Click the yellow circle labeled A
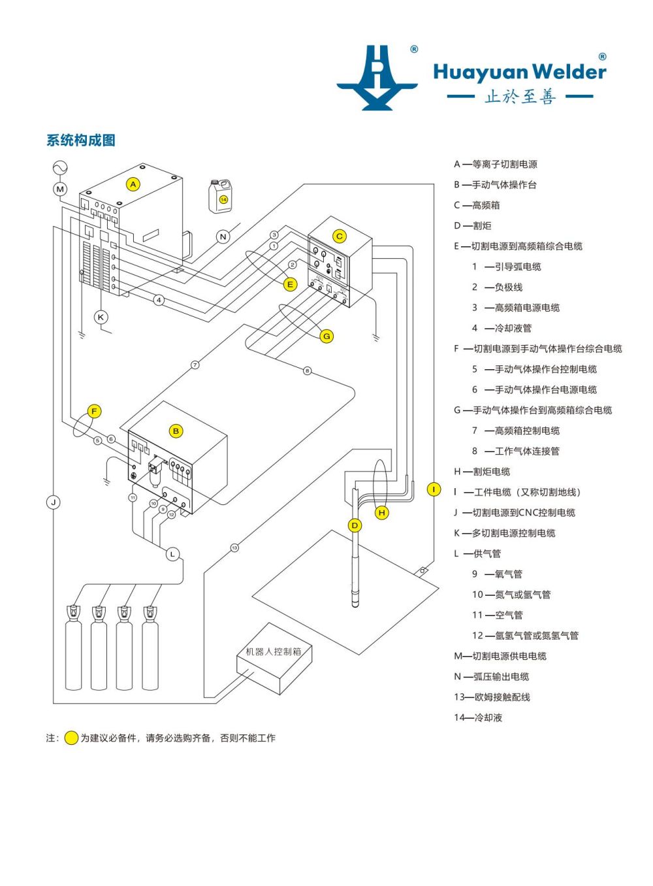(133, 184)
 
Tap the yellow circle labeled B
(176, 431)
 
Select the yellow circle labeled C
(339, 237)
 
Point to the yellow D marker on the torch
(355, 525)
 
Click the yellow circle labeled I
(434, 489)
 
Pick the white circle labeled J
(54, 502)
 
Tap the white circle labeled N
(223, 237)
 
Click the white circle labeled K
(101, 318)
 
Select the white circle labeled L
(172, 554)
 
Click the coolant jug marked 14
(221, 197)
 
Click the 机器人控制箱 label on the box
(273, 651)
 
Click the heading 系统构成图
(81, 140)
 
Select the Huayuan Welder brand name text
(520, 71)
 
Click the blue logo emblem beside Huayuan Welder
(377, 78)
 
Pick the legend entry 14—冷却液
(478, 717)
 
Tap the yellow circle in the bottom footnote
(71, 738)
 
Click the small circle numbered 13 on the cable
(234, 548)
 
